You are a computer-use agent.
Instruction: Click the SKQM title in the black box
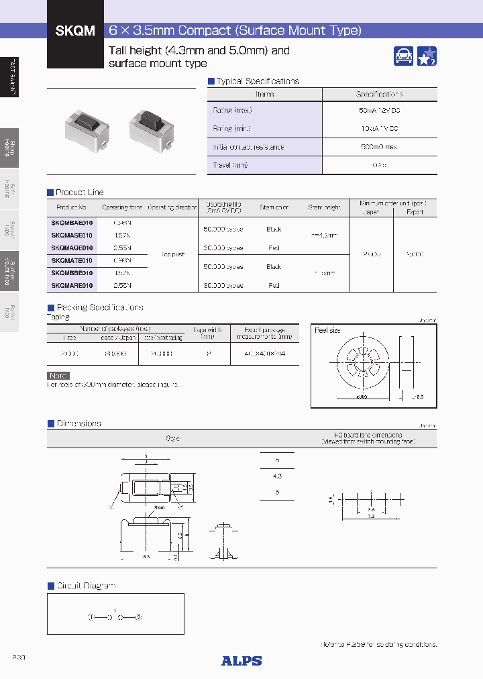[x=72, y=30]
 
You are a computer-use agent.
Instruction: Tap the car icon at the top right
[x=403, y=56]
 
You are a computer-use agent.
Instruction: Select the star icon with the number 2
[x=427, y=56]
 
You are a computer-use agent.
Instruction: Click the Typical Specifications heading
[x=258, y=81]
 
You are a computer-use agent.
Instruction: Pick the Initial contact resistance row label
[x=248, y=147]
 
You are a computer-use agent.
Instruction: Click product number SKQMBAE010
[x=72, y=223]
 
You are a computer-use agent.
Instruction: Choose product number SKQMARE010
[x=72, y=286]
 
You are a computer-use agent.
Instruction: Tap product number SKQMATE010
[x=72, y=260]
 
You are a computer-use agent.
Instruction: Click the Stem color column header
[x=273, y=208]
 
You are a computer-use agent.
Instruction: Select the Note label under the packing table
[x=58, y=376]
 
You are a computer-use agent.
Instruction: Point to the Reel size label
[x=327, y=330]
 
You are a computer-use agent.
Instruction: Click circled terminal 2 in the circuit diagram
[x=138, y=617]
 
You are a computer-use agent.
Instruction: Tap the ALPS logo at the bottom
[x=241, y=661]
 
